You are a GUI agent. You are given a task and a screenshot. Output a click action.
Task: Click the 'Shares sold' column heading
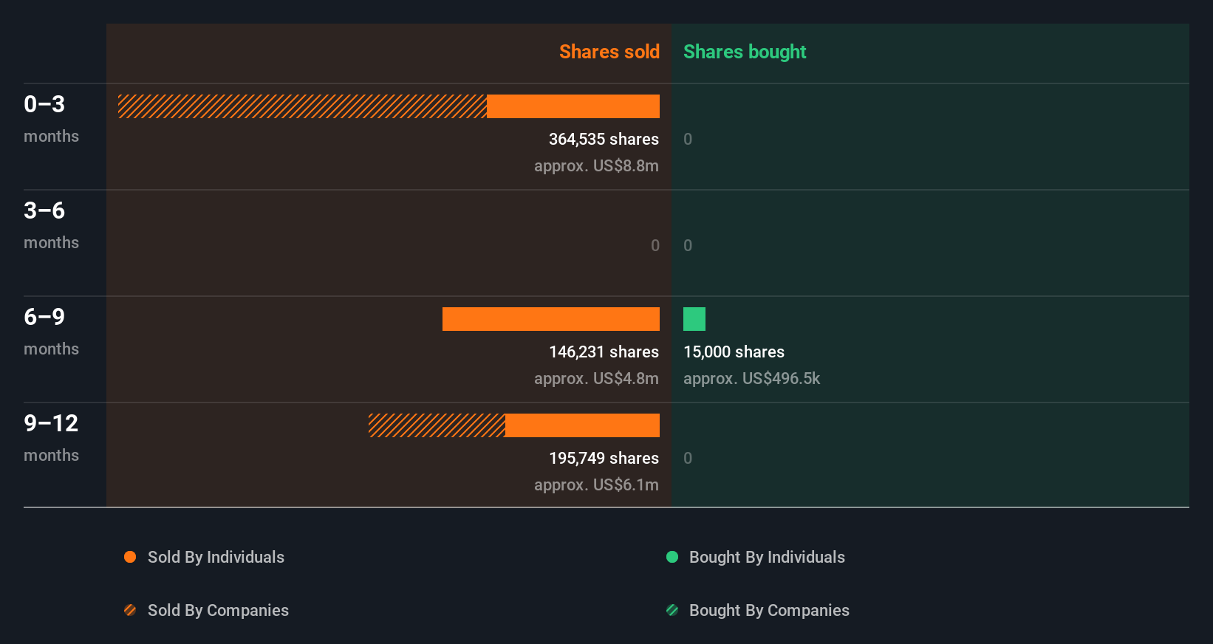pyautogui.click(x=609, y=52)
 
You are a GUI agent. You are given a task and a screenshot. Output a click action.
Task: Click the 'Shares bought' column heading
pyautogui.click(x=744, y=52)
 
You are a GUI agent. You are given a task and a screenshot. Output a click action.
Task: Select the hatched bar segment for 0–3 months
pyautogui.click(x=302, y=106)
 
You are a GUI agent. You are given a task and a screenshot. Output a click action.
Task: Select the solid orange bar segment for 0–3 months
pyautogui.click(x=573, y=106)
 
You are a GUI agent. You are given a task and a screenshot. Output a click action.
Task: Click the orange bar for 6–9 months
pyautogui.click(x=551, y=319)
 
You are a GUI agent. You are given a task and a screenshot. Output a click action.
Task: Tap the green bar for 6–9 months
pyautogui.click(x=694, y=319)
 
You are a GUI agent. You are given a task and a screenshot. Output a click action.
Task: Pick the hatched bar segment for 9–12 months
pyautogui.click(x=437, y=425)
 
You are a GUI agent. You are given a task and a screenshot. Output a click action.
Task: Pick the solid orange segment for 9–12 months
pyautogui.click(x=582, y=425)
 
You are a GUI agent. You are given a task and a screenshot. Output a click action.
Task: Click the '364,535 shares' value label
pyautogui.click(x=604, y=139)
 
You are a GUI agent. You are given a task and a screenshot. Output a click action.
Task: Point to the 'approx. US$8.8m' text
pyautogui.click(x=596, y=165)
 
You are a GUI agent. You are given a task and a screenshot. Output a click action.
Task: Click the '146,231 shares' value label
pyautogui.click(x=604, y=352)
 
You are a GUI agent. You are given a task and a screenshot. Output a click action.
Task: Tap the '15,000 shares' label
pyautogui.click(x=734, y=352)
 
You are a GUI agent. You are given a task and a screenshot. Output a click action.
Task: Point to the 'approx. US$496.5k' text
pyautogui.click(x=751, y=378)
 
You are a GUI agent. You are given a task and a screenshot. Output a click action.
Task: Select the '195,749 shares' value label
pyautogui.click(x=604, y=458)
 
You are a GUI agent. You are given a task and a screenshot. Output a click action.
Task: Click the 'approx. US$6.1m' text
pyautogui.click(x=596, y=484)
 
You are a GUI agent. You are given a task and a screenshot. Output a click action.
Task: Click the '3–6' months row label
pyautogui.click(x=44, y=210)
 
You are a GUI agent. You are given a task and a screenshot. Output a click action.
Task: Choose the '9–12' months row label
pyautogui.click(x=51, y=423)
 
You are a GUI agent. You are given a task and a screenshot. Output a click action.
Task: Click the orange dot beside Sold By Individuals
pyautogui.click(x=130, y=557)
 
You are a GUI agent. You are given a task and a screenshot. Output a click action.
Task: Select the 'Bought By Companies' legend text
pyautogui.click(x=769, y=610)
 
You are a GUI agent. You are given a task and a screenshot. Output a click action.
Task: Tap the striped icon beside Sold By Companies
pyautogui.click(x=130, y=610)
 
